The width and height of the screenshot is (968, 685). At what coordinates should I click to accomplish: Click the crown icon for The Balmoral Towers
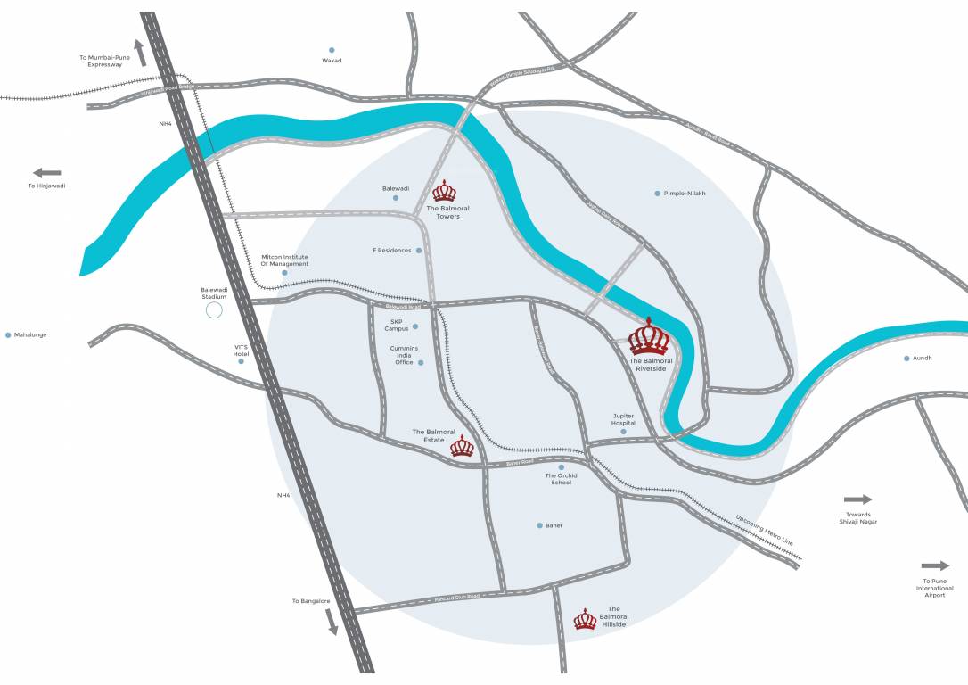pos(444,191)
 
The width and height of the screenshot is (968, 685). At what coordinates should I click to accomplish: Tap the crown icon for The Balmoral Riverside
pos(650,338)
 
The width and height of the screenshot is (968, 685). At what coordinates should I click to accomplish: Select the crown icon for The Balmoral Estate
pos(462,446)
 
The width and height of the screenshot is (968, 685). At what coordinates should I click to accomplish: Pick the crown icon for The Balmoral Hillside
pos(585,619)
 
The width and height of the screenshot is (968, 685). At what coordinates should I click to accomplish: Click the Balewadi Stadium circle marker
pos(214,310)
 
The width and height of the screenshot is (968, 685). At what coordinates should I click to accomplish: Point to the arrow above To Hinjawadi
pos(46,172)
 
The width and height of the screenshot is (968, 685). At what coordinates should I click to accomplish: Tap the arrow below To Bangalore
pos(332,621)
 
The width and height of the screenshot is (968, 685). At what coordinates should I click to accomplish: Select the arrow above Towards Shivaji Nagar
pos(857,499)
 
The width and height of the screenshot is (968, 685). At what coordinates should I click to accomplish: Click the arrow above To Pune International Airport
pos(935,565)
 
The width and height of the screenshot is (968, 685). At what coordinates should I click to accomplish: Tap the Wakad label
pos(332,61)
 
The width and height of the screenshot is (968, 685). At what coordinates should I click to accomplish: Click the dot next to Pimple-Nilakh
pos(658,194)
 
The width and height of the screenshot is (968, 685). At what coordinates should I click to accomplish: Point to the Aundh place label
pos(922,359)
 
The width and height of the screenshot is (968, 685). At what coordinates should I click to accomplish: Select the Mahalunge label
pos(30,335)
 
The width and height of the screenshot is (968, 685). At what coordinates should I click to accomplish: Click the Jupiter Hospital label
pos(623,419)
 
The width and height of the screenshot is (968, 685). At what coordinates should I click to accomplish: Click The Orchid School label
pos(561,479)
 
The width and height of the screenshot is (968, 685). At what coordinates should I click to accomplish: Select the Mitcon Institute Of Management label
pos(284,260)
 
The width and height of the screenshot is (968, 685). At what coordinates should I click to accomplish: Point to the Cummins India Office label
pos(404,355)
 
